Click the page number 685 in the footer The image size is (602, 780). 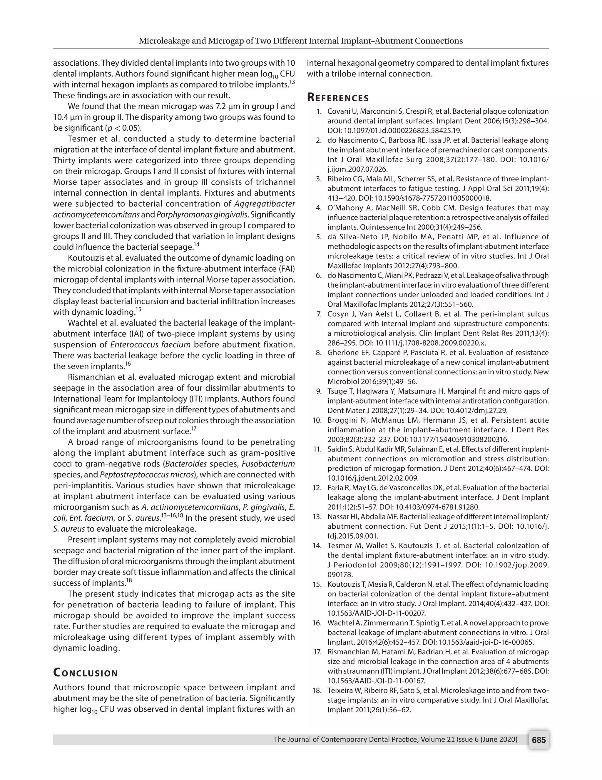coord(539,740)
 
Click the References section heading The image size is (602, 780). coord(338,98)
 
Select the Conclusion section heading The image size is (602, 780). coord(85,673)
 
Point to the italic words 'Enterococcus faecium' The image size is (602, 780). coord(150,345)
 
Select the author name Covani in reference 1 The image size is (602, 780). coord(338,112)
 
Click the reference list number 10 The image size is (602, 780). coord(317,420)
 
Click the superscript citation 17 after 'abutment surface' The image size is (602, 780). coord(194,429)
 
